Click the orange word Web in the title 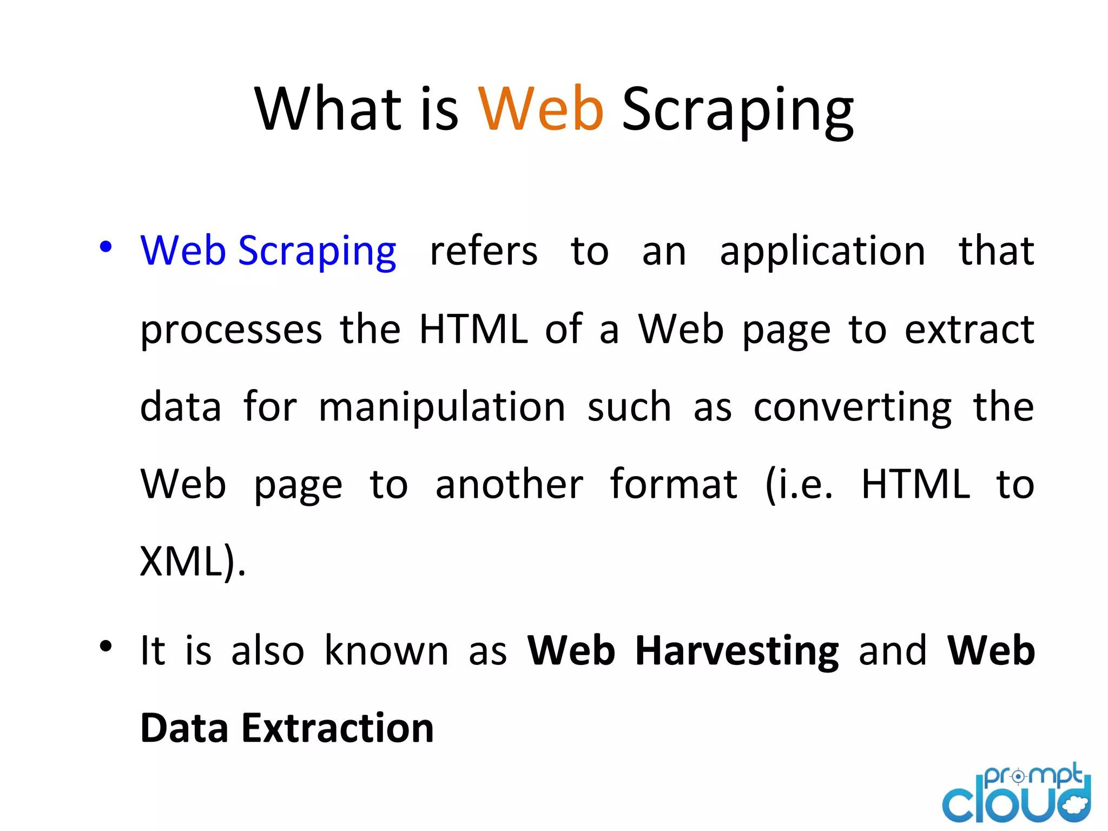540,109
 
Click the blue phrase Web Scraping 268,252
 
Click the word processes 231,331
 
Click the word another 509,484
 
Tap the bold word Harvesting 737,651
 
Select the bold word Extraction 338,728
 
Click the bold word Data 184,728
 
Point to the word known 386,650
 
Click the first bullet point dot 105,247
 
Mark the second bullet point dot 105,646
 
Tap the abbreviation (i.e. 799,485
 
